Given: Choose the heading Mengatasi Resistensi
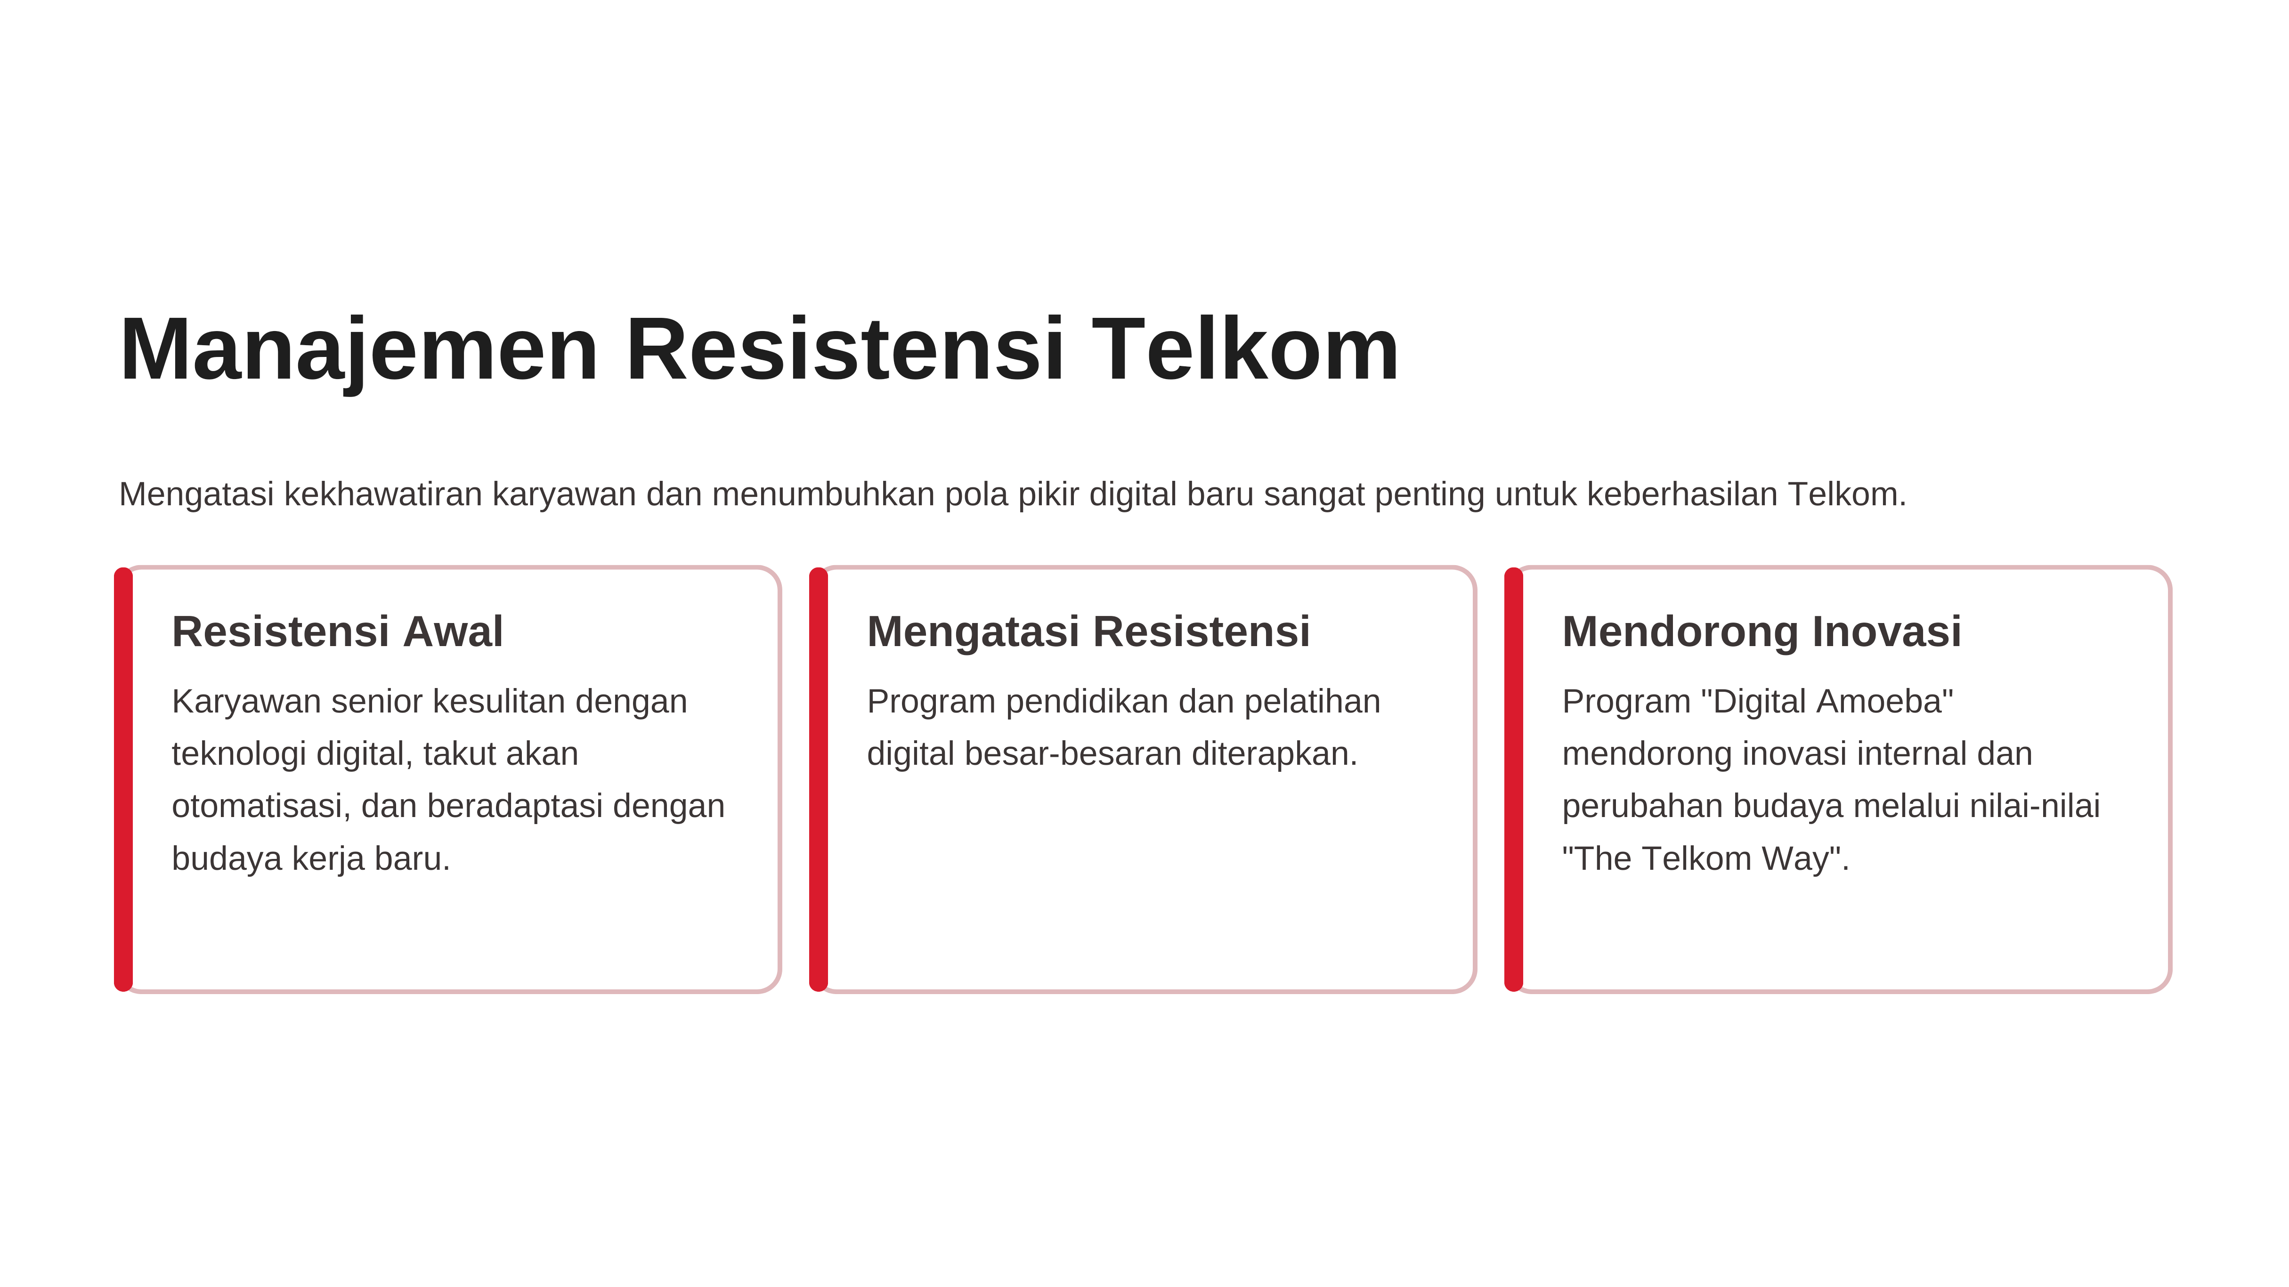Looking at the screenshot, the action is tap(1088, 632).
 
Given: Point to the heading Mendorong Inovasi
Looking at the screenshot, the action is tap(1761, 632).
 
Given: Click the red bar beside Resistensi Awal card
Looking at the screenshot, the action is tap(123, 779).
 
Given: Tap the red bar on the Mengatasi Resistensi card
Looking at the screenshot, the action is tap(819, 779).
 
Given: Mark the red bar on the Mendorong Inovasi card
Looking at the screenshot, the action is tap(1513, 779).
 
